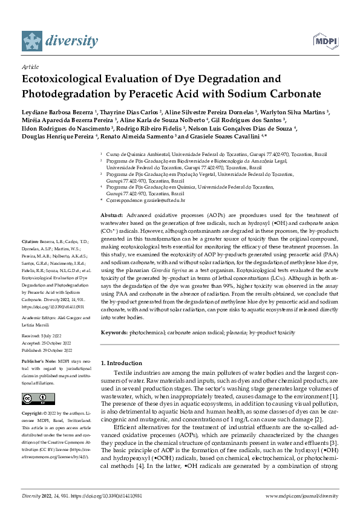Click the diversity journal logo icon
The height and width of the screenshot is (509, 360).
33,41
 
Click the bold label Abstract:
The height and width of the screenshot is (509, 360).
111,216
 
